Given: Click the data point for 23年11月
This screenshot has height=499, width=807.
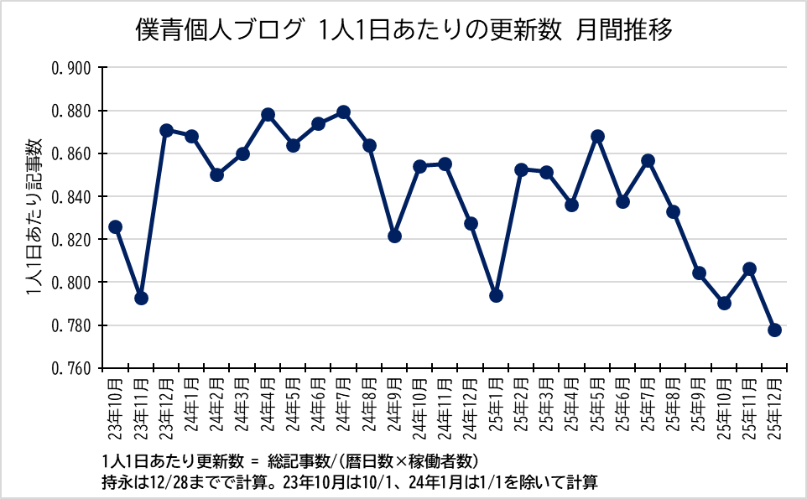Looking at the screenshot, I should coord(141,298).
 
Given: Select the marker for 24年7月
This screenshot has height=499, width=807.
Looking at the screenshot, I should coord(343,112).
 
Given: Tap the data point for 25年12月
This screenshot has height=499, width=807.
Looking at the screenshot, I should coord(774,330).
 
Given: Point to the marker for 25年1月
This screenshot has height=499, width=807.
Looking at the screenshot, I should coord(496,295).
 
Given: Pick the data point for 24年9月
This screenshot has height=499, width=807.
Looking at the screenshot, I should coord(394,236).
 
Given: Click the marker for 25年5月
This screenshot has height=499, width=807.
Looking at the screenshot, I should coord(597,137).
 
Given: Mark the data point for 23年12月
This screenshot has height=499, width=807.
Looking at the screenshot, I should coord(166,130).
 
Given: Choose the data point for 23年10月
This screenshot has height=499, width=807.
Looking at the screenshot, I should coord(116,226).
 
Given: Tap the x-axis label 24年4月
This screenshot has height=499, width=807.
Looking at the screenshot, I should coord(268,406).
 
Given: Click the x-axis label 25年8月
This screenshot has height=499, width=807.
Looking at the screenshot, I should coord(673,406).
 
